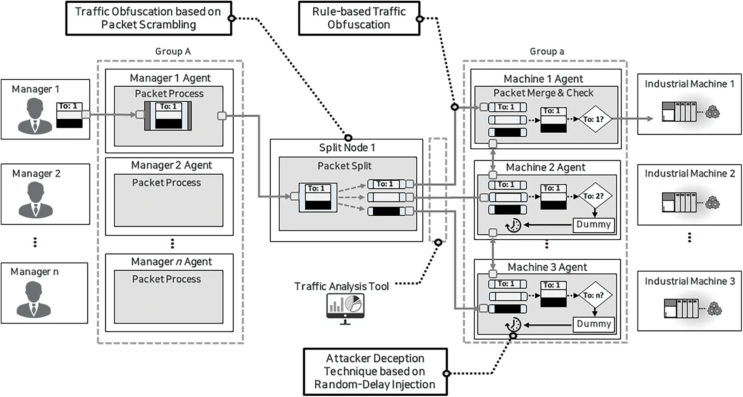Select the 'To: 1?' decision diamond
(x=595, y=119)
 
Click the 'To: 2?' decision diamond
(x=595, y=196)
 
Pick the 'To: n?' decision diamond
(x=595, y=295)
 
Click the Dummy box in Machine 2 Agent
(x=593, y=224)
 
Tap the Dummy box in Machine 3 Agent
(x=593, y=324)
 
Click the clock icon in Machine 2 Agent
(x=513, y=225)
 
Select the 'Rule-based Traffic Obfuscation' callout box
(x=359, y=18)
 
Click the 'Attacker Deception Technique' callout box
(x=375, y=372)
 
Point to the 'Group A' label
(x=173, y=51)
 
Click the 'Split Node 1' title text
(x=346, y=147)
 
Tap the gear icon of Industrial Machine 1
(x=713, y=112)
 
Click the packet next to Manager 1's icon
(x=70, y=115)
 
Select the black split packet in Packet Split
(x=386, y=211)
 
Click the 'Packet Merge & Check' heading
(x=543, y=93)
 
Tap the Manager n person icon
(x=33, y=298)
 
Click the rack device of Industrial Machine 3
(x=681, y=308)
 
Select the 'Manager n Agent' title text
(x=171, y=261)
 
